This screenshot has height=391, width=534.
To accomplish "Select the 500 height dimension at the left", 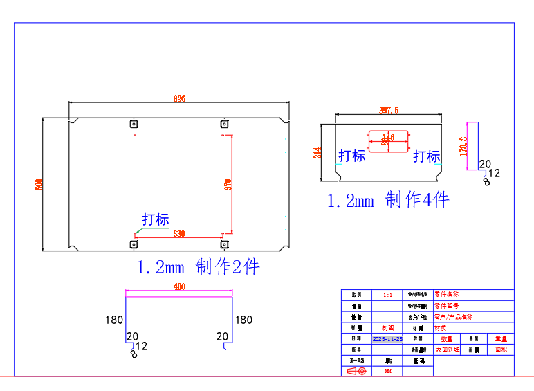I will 39,185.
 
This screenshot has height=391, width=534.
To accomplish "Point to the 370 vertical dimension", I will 228,185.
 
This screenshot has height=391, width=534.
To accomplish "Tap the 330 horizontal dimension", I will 178,233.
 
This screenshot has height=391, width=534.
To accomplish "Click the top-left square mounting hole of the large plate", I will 133,124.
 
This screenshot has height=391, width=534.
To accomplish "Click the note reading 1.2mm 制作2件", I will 199,267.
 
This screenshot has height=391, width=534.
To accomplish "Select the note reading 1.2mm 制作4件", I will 388,200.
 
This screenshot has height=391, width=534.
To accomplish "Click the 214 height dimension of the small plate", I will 318,153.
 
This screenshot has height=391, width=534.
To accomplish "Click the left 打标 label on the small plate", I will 351,156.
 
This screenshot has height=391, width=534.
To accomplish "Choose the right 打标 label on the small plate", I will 427,156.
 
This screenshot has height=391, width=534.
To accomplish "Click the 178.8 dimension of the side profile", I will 463,147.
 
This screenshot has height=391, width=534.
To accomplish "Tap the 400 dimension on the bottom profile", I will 179,287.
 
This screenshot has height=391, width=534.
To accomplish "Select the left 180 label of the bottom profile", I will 114,320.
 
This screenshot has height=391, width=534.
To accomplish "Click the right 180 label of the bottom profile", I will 243,320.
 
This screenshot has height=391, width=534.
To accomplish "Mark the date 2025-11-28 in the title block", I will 387,339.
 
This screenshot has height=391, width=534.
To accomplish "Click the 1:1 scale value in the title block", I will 387,295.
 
